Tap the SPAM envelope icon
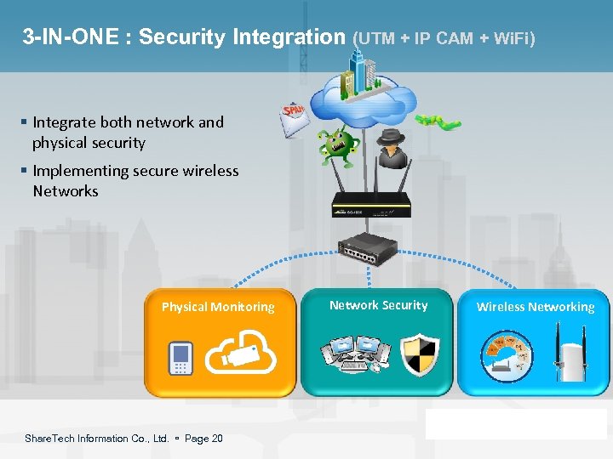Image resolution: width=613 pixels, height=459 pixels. tap(294, 120)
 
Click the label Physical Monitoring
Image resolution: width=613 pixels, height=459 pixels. tap(218, 307)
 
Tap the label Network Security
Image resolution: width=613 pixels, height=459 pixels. tap(378, 305)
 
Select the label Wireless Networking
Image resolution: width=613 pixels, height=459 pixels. tap(536, 307)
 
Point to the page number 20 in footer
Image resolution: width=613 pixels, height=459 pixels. tap(216, 439)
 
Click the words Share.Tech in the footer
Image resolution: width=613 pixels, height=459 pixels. tap(50, 439)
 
